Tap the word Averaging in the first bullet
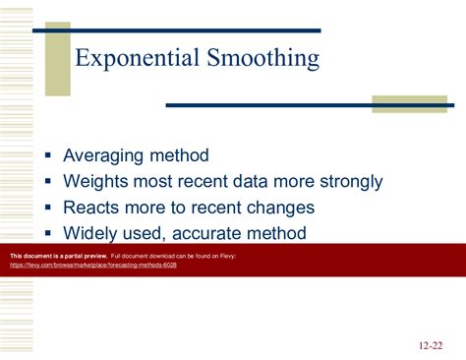pyautogui.click(x=103, y=155)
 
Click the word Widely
pyautogui.click(x=92, y=233)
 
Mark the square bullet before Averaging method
pyautogui.click(x=48, y=156)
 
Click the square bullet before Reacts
pyautogui.click(x=48, y=209)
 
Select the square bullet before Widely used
pyautogui.click(x=48, y=234)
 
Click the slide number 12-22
pyautogui.click(x=430, y=345)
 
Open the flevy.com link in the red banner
pyautogui.click(x=92, y=265)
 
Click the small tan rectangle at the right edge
pyautogui.click(x=409, y=104)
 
